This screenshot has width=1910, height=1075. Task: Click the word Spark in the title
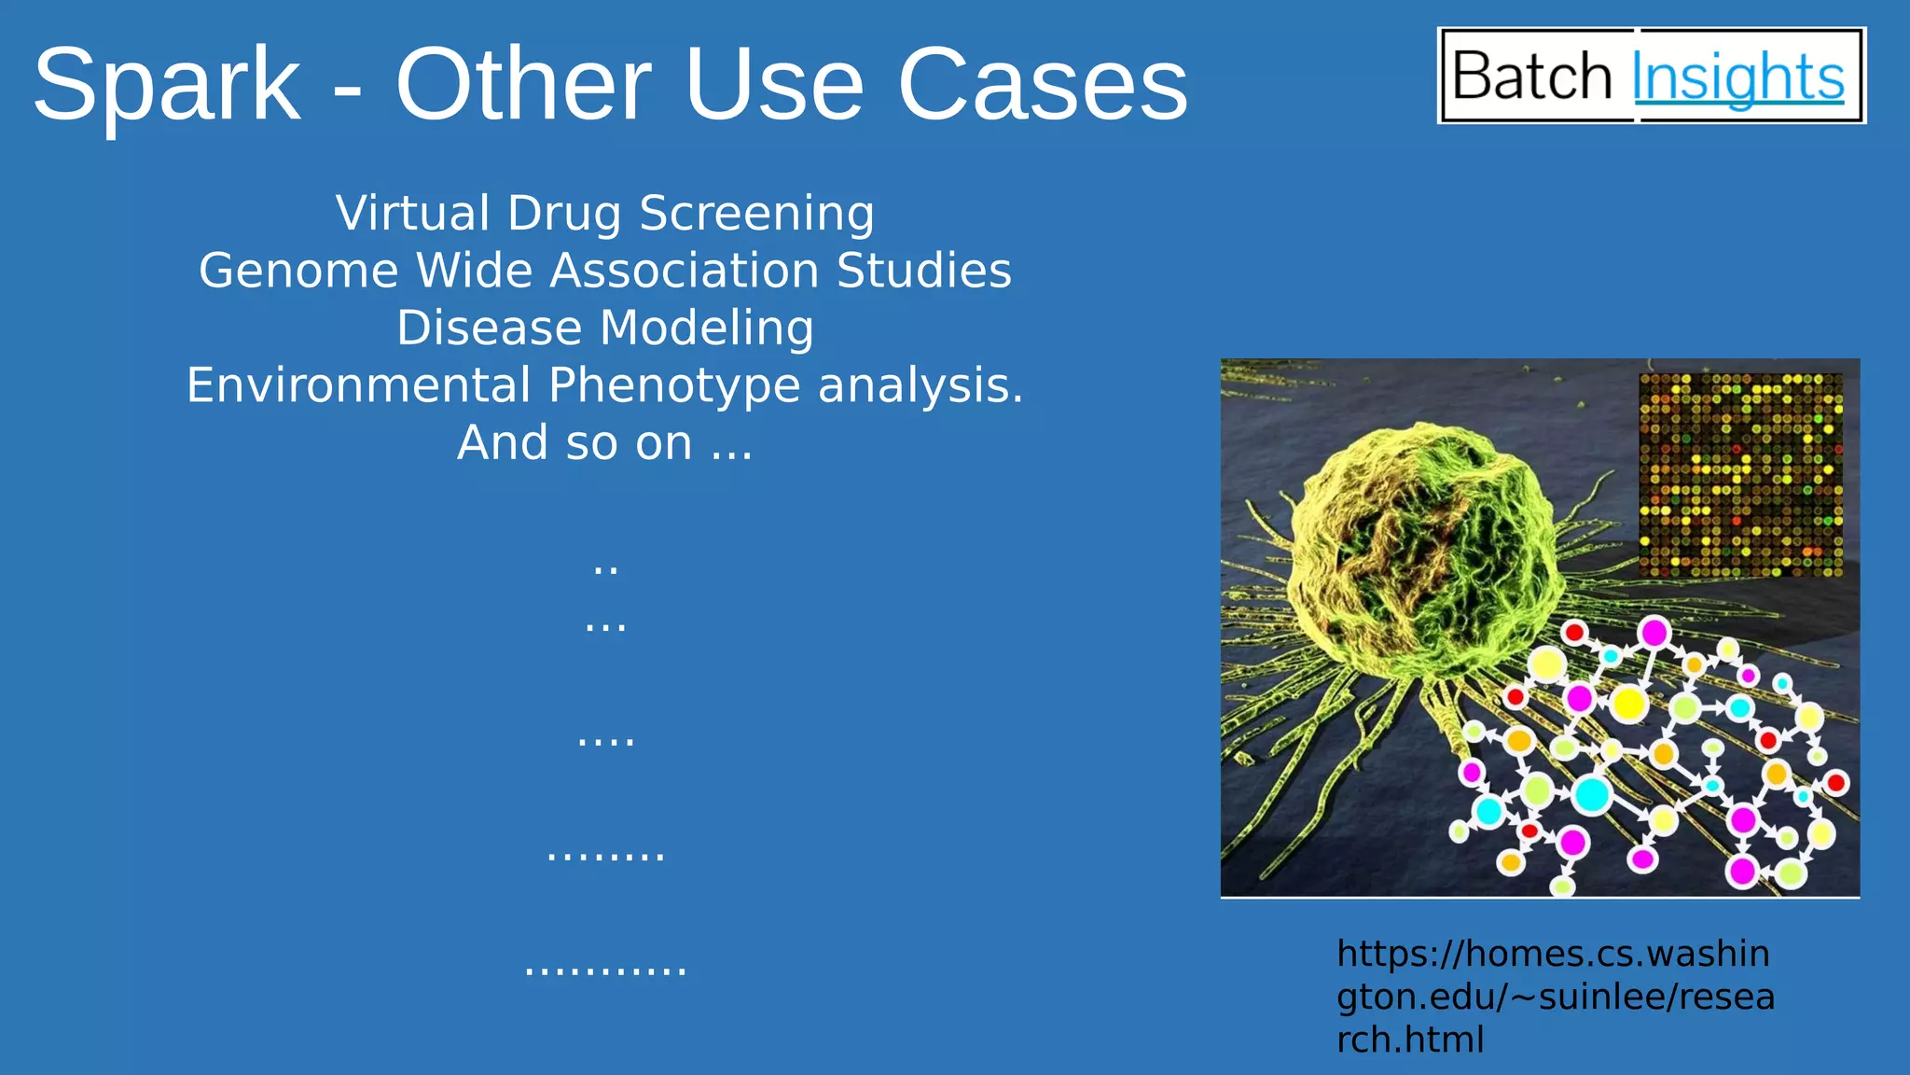tap(168, 86)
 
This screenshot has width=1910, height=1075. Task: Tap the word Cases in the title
tap(1042, 86)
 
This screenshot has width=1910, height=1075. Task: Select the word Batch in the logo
tap(1532, 76)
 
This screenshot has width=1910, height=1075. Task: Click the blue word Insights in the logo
tap(1737, 77)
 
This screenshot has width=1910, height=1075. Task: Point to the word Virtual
tap(412, 213)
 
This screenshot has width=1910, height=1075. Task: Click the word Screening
tap(756, 215)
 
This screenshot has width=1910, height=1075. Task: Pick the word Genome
tap(298, 272)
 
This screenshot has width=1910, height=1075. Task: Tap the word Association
tap(684, 271)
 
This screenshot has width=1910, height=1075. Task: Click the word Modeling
tap(706, 329)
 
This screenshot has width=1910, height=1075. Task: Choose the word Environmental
tap(358, 385)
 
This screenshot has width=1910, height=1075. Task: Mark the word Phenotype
tap(674, 387)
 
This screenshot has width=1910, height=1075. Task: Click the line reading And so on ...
tap(604, 443)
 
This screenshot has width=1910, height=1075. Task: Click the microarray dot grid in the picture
tap(1740, 474)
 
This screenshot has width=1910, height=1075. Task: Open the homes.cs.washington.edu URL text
tap(1554, 996)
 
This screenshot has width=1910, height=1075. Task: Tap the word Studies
tap(923, 271)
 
